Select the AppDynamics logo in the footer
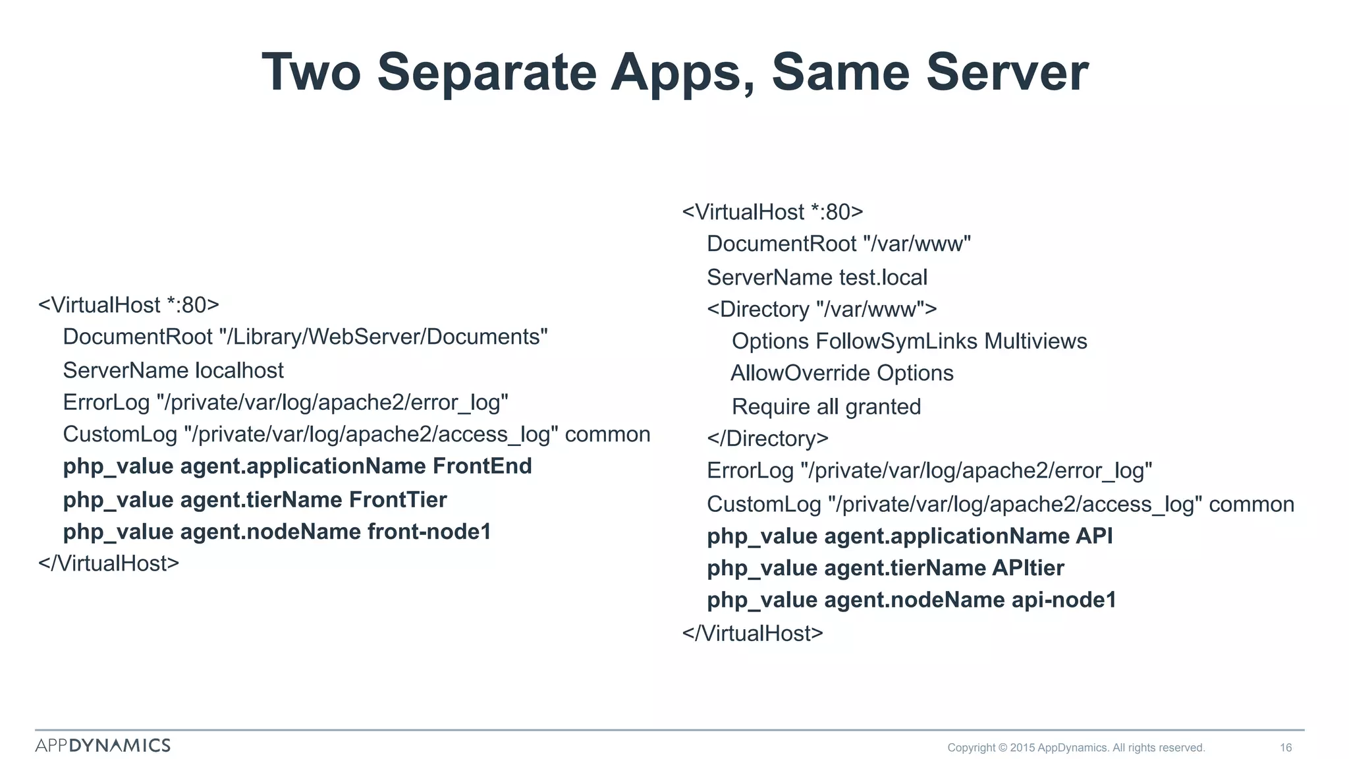coord(103,745)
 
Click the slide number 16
coord(1286,747)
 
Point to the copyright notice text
coord(1076,747)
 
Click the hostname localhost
coord(239,370)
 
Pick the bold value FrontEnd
coord(482,466)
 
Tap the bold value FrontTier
coord(398,499)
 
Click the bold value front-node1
coord(429,532)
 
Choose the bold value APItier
coord(1028,568)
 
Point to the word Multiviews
coord(1035,341)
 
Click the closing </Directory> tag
coord(767,438)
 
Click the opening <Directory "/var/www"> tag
coord(821,309)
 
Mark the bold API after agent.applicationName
coord(1094,536)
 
